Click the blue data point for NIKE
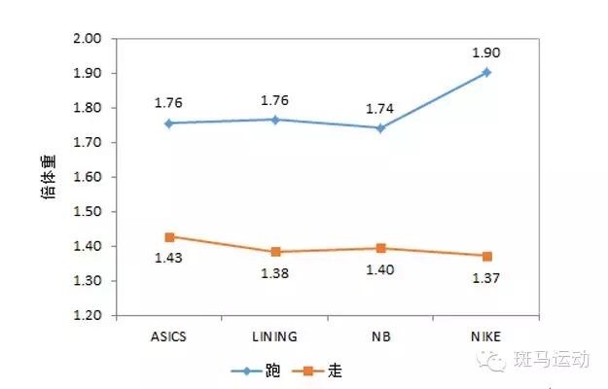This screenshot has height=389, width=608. pos(486,72)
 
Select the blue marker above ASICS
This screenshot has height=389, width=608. pos(168,124)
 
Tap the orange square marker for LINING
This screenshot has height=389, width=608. pos(274,252)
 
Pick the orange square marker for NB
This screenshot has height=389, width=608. pos(380,248)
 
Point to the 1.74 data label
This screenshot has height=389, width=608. pos(380,109)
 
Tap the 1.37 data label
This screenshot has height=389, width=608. pos(486,280)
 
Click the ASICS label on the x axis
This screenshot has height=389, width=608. pos(168,336)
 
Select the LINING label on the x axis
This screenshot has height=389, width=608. pos(274,336)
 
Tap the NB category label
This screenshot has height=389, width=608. pos(380,336)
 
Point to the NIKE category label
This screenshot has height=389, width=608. pos(486,336)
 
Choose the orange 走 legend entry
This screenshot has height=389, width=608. pos(320,371)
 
